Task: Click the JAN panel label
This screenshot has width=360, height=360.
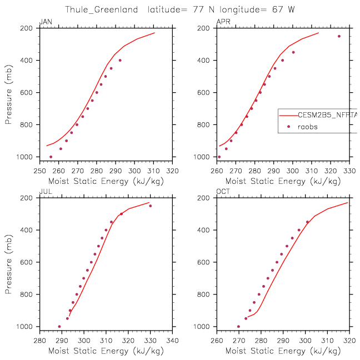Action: pos(45,22)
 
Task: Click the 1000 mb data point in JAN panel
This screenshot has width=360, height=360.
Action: pos(51,157)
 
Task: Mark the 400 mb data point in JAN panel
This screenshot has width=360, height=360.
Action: pos(120,60)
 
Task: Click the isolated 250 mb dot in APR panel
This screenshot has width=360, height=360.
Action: pos(339,36)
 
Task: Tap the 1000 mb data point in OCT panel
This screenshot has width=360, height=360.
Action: pos(239,327)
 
